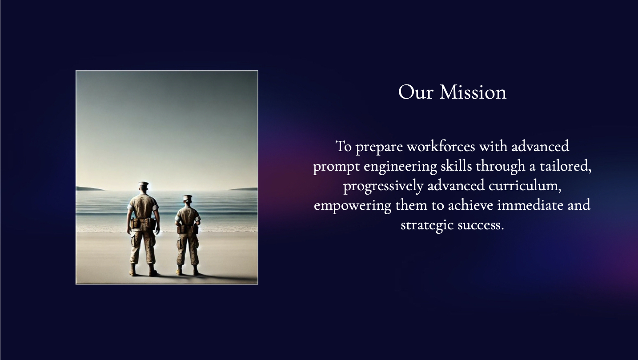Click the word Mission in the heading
pos(473,92)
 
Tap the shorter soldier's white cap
pos(187,197)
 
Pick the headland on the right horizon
pos(243,189)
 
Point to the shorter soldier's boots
pos(187,271)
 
